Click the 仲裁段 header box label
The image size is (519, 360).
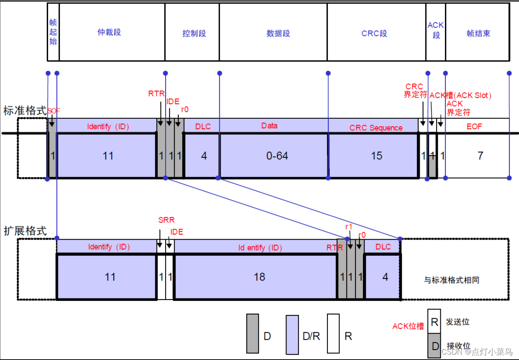point(109,32)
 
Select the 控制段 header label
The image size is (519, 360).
point(194,34)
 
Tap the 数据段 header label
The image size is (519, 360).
point(278,34)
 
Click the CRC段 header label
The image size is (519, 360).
point(374,34)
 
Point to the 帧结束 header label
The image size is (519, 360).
point(478,34)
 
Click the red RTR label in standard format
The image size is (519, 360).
point(157,94)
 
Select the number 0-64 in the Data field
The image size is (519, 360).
point(277,156)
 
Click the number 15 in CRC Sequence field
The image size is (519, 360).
point(377,156)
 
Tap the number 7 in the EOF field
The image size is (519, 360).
point(480,156)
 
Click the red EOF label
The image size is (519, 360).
point(474,126)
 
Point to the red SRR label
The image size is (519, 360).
point(166,220)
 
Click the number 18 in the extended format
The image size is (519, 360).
point(259,277)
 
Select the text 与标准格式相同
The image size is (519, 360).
point(452,280)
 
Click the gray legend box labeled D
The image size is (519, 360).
point(252,333)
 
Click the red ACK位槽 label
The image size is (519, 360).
point(408,326)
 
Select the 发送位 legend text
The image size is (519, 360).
point(457,322)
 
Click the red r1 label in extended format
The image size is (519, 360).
point(348,227)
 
